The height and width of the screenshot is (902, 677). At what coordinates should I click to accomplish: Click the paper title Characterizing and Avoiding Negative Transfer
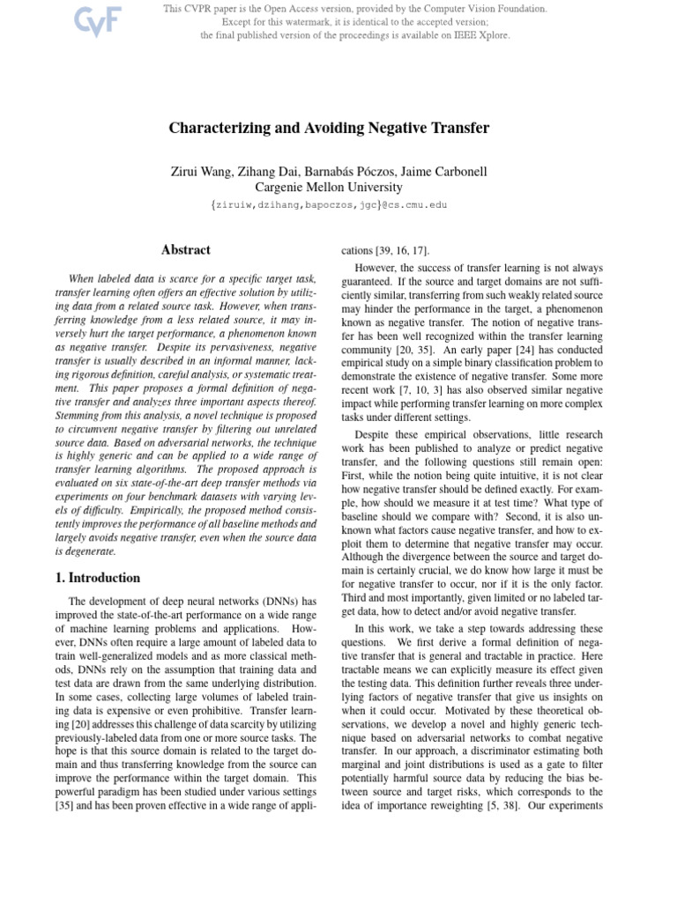pyautogui.click(x=329, y=129)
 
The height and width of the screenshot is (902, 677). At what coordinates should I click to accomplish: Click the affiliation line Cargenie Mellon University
pyautogui.click(x=329, y=187)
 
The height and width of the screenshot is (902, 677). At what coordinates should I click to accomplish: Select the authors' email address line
pyautogui.click(x=329, y=204)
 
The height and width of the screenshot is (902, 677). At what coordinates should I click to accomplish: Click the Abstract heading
pyautogui.click(x=184, y=250)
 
